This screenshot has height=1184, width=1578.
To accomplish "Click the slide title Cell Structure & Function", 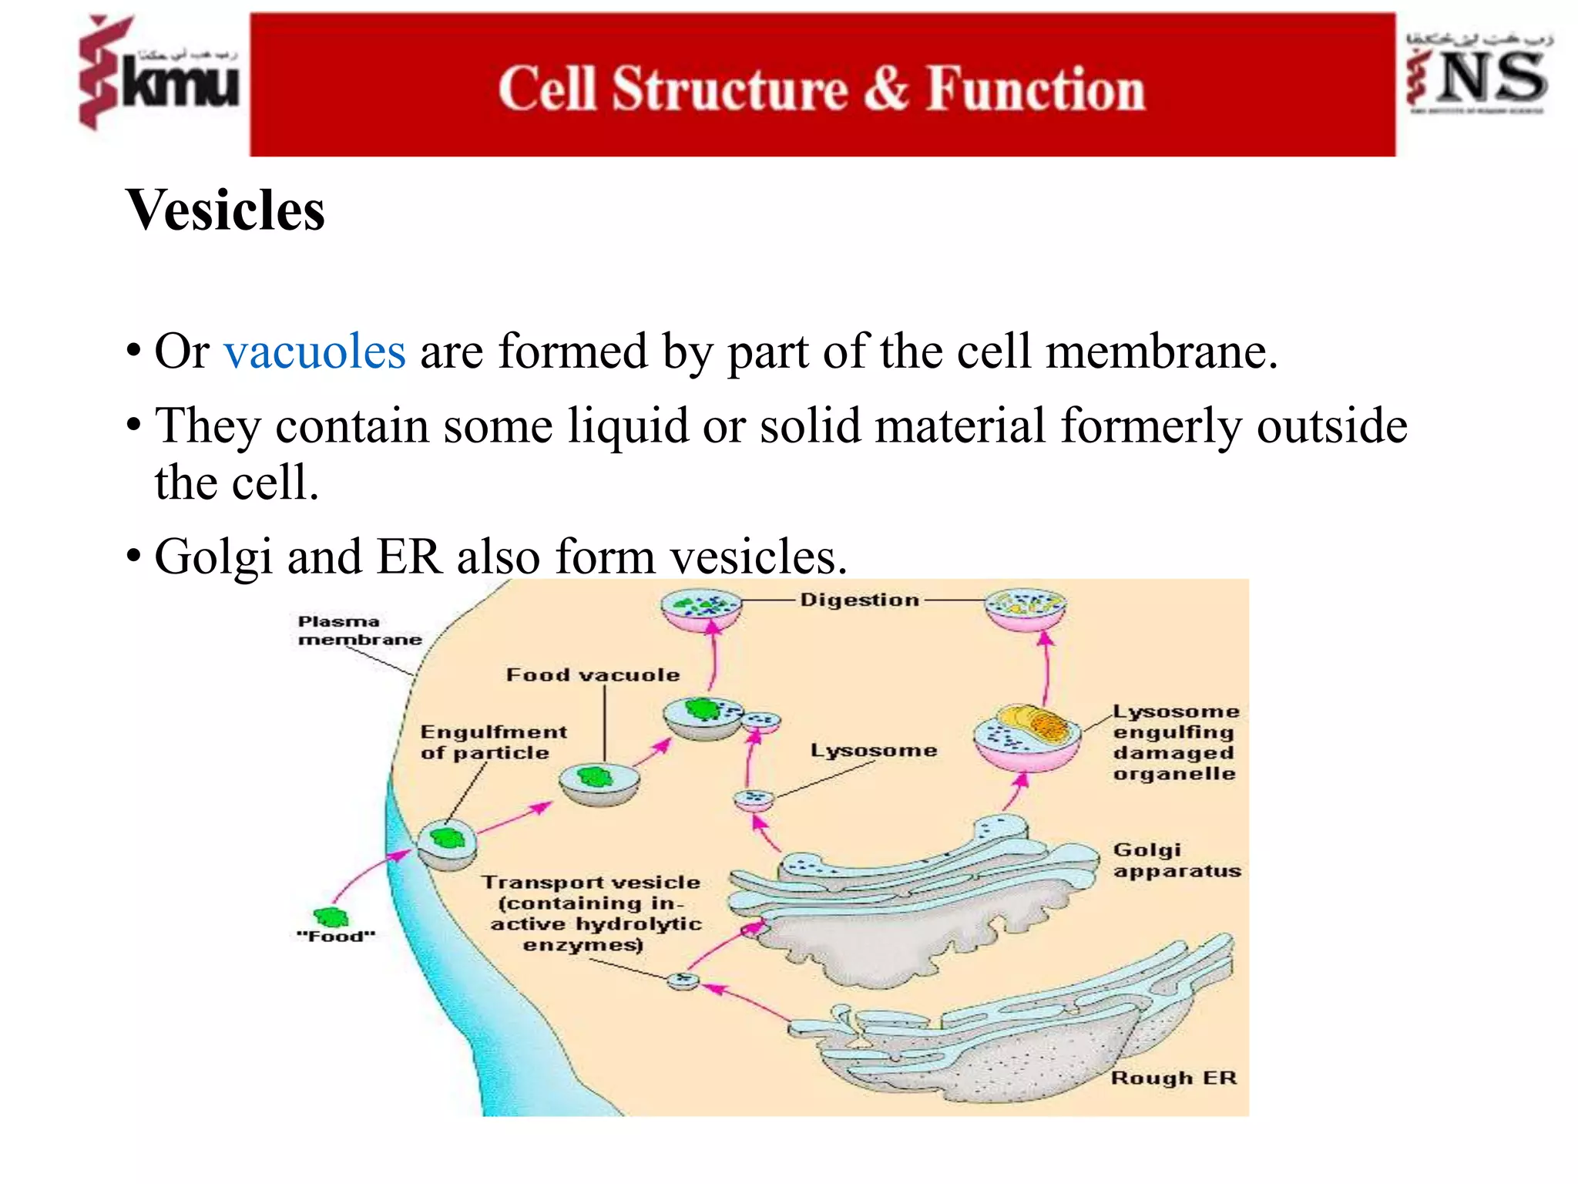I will coord(821,89).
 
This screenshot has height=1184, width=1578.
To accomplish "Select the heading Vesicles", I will coord(226,210).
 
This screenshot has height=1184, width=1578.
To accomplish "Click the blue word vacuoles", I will coord(314,352).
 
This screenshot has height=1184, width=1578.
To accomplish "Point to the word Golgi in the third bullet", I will coord(213,557).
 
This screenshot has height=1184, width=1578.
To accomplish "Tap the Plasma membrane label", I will coord(359,631).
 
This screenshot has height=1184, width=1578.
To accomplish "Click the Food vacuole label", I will coord(593,675).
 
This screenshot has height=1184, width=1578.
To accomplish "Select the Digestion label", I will coord(859,600).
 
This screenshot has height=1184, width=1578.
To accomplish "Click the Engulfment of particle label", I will coord(493,742).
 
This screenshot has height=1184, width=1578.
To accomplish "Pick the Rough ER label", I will coord(1173,1078).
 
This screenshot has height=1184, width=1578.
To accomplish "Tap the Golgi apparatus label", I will coord(1176,860).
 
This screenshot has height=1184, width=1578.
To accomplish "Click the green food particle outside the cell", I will coord(331,917).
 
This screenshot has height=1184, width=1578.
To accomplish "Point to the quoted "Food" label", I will coord(336,937).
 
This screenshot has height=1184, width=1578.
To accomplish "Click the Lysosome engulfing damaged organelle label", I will coord(1174,742).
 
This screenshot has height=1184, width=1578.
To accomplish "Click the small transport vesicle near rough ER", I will coord(683,980).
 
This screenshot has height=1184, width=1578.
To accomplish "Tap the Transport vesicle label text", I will coord(592,913).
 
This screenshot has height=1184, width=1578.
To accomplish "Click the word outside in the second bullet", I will coord(1331,425).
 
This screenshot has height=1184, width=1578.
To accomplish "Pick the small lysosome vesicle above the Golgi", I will coord(753,799).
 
